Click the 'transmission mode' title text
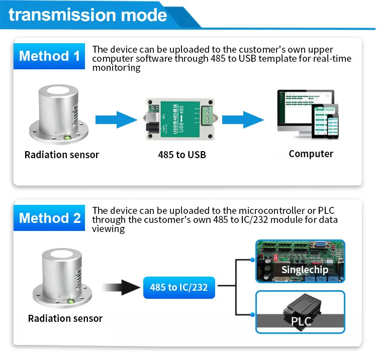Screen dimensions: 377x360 [x=88, y=15]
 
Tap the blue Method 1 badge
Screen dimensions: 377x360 [x=49, y=56]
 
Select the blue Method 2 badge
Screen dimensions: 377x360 [x=49, y=218]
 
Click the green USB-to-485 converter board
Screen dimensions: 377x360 [x=180, y=119]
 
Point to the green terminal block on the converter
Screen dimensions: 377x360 [x=207, y=116]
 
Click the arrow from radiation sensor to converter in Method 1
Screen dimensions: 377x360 [x=116, y=119]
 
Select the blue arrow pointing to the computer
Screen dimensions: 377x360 [x=243, y=119]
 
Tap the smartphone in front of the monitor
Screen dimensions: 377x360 [x=332, y=127]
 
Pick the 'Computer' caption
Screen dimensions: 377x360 [x=311, y=154]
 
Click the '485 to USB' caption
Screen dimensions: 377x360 [x=182, y=155]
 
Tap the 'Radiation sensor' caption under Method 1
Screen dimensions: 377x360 [x=62, y=155]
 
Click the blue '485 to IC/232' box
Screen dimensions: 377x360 [x=179, y=288]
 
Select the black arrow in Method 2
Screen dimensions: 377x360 [x=122, y=287]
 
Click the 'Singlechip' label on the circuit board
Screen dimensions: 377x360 [x=305, y=270]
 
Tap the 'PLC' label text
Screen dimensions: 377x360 [x=301, y=321]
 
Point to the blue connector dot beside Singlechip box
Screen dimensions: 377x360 [x=252, y=260]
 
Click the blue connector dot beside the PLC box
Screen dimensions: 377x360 [x=252, y=314]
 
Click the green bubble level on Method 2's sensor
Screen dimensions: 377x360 [x=71, y=301]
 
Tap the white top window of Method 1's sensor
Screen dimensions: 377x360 [x=58, y=90]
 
